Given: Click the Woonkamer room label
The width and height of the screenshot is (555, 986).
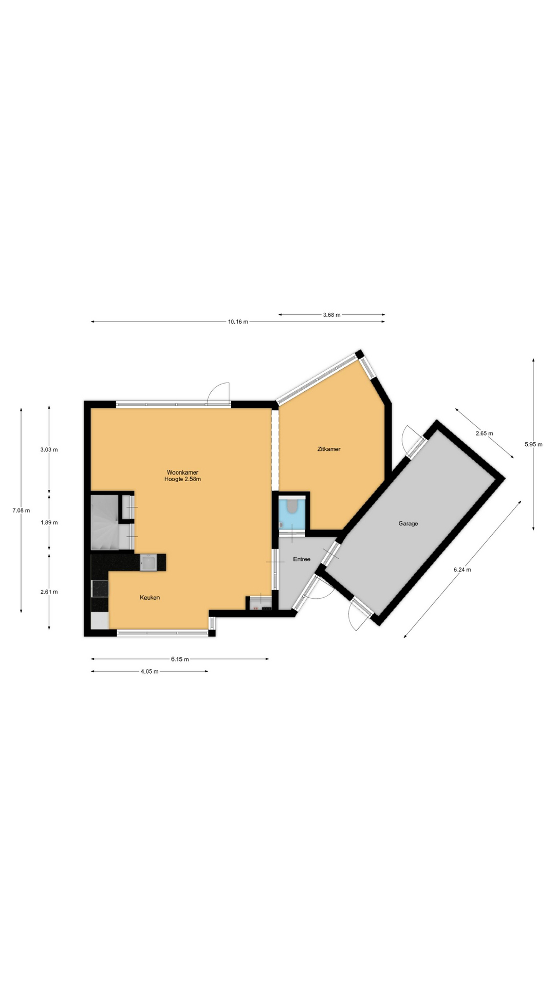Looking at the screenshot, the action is (x=182, y=472).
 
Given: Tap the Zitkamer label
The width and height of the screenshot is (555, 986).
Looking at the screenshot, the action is (x=329, y=449).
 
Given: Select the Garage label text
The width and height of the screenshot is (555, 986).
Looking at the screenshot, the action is (x=408, y=523).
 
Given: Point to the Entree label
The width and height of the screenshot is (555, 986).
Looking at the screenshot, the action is (x=302, y=559).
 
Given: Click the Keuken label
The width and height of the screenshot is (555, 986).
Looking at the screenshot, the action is (x=150, y=597).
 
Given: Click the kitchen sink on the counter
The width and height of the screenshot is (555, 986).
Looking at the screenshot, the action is (x=148, y=562).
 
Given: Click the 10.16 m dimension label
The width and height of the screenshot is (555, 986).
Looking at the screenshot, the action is (x=238, y=322).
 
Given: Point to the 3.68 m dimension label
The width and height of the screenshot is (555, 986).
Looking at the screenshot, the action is (x=331, y=315).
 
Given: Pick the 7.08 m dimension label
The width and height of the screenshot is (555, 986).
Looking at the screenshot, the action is (x=21, y=510).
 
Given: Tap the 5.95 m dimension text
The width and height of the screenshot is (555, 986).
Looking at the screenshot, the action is (x=533, y=444).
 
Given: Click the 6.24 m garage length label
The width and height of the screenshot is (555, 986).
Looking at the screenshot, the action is (x=462, y=569).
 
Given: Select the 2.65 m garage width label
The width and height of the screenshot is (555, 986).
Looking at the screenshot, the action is (x=484, y=433).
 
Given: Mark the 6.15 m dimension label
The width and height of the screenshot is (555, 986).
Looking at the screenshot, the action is (x=180, y=659).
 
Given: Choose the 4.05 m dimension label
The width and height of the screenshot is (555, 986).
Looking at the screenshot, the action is (x=149, y=671).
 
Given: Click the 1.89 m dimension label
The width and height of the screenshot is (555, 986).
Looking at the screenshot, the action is (x=49, y=522).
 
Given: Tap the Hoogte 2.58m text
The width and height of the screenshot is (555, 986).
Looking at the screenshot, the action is (x=182, y=479).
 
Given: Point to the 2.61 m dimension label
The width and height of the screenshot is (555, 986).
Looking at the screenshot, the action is (x=49, y=592).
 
